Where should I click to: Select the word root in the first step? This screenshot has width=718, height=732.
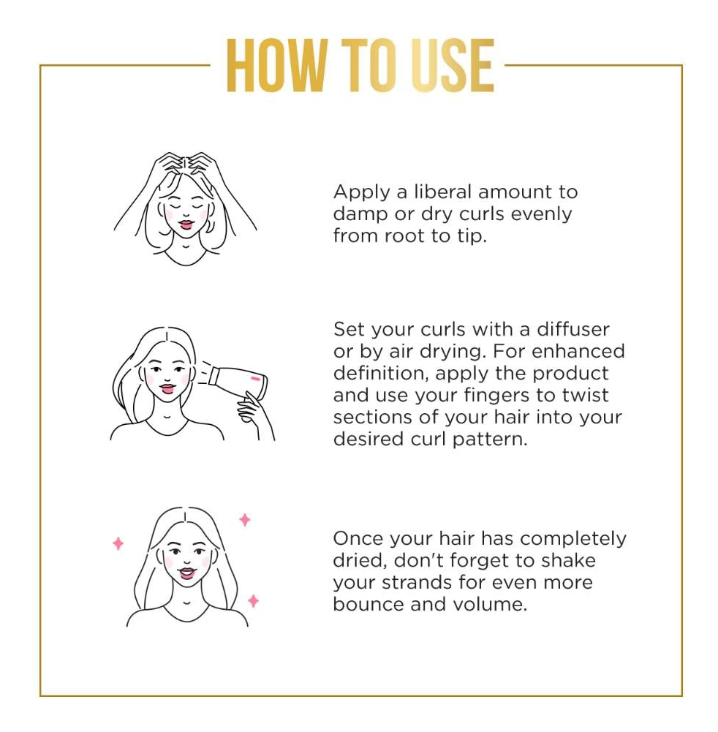405,235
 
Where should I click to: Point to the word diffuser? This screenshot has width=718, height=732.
572,329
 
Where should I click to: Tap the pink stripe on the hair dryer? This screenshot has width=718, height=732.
255,378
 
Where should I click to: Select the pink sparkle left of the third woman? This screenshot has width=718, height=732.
118,543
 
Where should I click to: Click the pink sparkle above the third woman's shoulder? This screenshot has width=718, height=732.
253,601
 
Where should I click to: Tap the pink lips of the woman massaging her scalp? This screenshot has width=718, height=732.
186,224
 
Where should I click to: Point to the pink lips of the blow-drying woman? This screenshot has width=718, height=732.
167,388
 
